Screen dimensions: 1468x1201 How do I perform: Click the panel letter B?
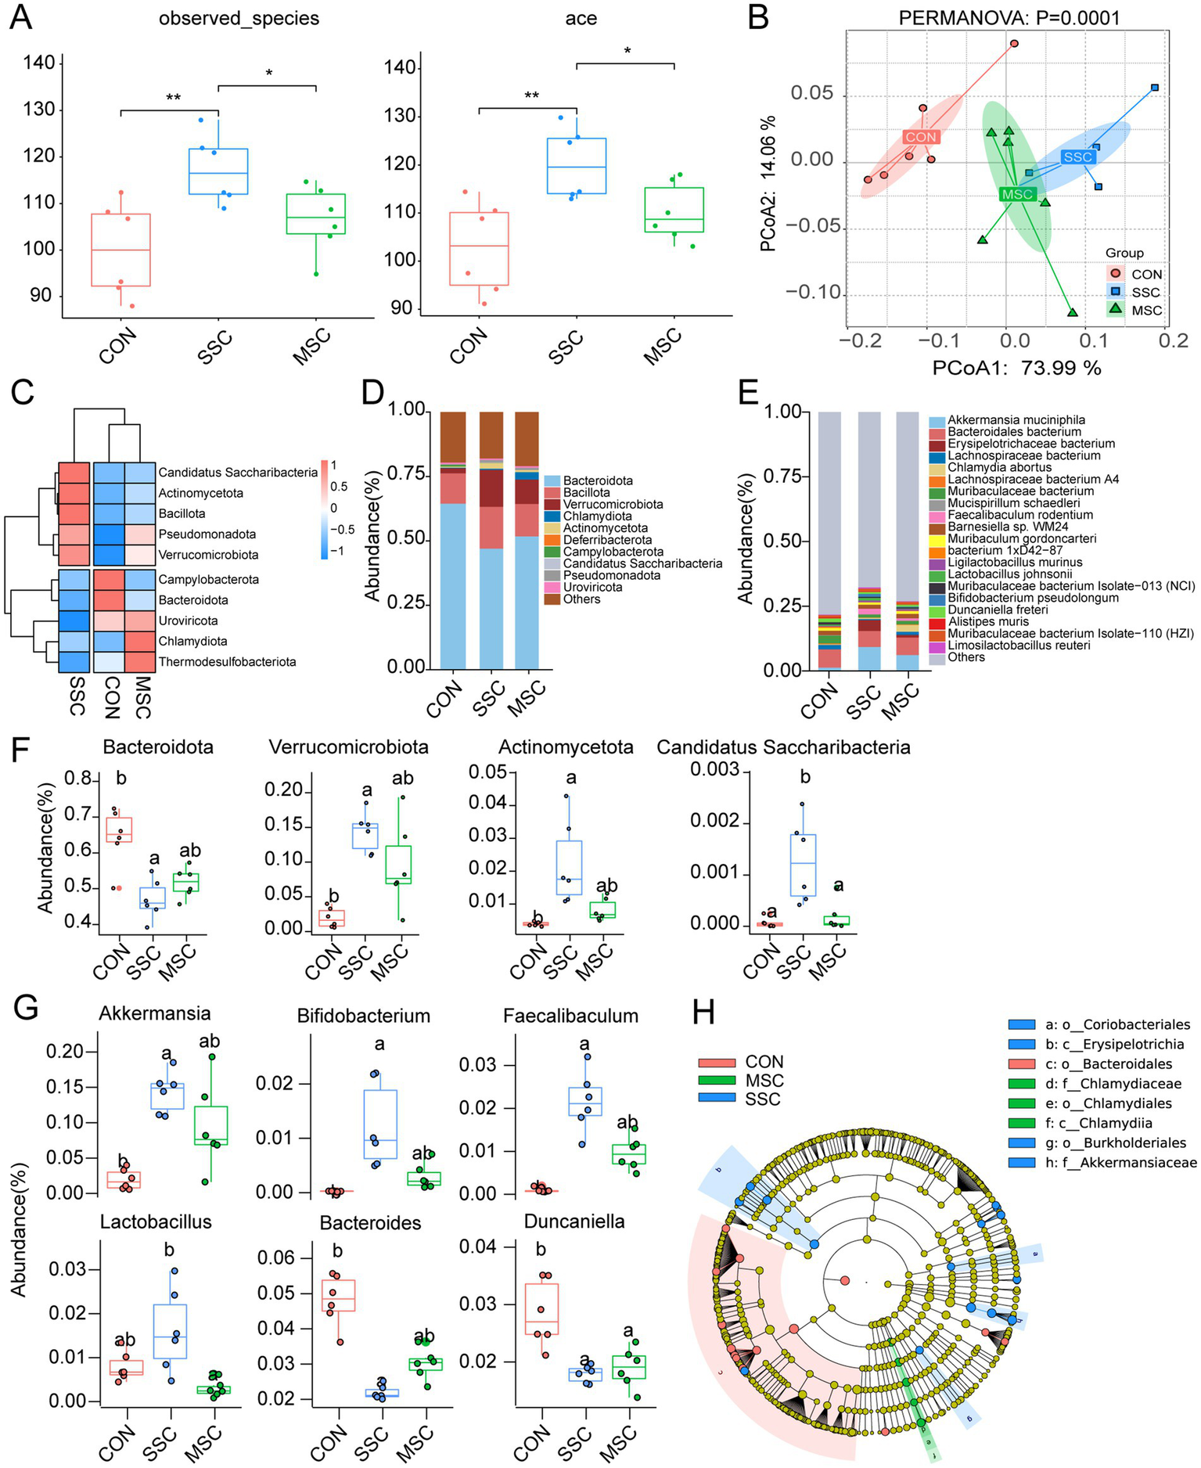pyautogui.click(x=757, y=17)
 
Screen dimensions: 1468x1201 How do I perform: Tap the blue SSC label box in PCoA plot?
pyautogui.click(x=1078, y=157)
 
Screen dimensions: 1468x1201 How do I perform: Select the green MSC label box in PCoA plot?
pyautogui.click(x=1018, y=195)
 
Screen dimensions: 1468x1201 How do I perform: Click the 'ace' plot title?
pyautogui.click(x=581, y=18)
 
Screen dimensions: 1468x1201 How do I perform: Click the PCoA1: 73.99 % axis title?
pyautogui.click(x=1016, y=367)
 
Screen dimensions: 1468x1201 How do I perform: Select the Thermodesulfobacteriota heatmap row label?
pyautogui.click(x=227, y=661)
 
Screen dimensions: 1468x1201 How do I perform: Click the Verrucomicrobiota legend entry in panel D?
pyautogui.click(x=613, y=504)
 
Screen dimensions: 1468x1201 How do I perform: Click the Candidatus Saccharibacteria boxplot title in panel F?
pyautogui.click(x=783, y=747)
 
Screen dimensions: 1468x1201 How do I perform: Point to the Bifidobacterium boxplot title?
pyautogui.click(x=364, y=1016)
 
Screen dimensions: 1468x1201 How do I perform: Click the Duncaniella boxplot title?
pyautogui.click(x=574, y=1222)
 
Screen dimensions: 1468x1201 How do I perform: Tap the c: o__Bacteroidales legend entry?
pyautogui.click(x=1108, y=1064)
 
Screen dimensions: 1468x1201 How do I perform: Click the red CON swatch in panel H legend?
pyautogui.click(x=717, y=1063)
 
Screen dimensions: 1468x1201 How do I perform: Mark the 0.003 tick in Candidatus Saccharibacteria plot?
pyautogui.click(x=714, y=770)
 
